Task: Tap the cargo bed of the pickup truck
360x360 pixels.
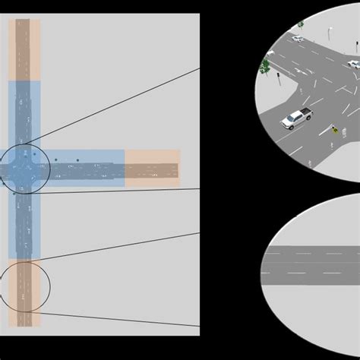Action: [305, 113]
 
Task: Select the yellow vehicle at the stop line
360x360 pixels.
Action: [334, 130]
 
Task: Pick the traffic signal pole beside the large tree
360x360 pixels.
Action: [278, 79]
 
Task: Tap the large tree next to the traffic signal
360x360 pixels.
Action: [264, 67]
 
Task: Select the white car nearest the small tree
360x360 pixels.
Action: [297, 38]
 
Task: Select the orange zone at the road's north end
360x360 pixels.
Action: [24, 49]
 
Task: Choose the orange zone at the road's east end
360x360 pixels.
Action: [152, 168]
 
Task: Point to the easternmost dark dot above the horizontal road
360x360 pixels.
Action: [77, 160]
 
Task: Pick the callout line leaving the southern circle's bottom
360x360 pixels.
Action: [114, 319]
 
